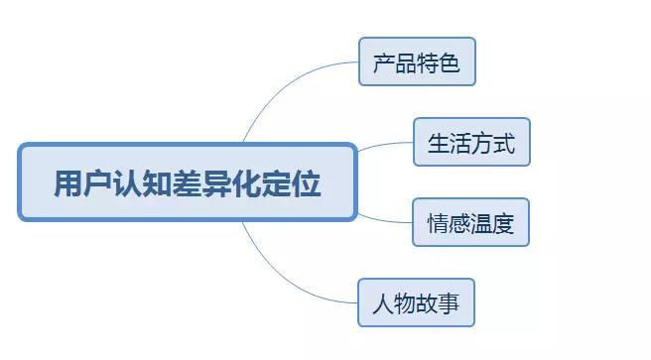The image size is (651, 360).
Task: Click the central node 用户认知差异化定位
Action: (187, 182)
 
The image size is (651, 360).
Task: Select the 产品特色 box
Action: (417, 62)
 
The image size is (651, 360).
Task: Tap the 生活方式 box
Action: (471, 142)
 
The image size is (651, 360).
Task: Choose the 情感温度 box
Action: (471, 222)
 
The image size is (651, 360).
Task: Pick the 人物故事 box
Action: (416, 302)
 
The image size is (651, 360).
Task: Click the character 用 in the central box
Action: (66, 183)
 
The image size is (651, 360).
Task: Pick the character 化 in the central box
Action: (239, 183)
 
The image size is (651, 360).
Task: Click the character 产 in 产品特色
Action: (384, 63)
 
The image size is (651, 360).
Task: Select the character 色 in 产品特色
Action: (450, 63)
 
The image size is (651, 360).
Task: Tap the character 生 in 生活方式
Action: (438, 143)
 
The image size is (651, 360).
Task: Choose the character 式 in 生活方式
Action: (504, 143)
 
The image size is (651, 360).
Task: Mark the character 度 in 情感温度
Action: (504, 223)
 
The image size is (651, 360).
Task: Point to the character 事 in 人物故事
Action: (449, 303)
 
